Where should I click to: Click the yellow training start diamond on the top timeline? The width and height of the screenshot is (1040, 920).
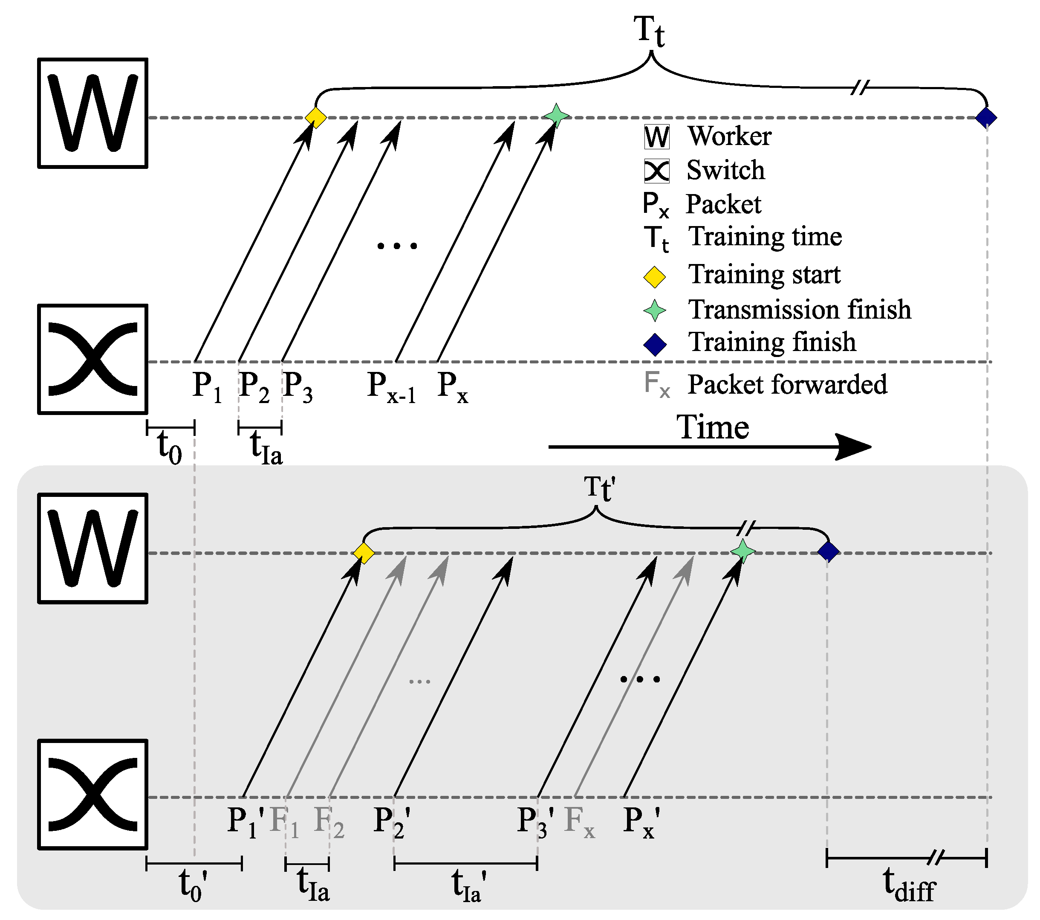point(315,118)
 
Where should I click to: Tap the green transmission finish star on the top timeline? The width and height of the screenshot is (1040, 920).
point(556,116)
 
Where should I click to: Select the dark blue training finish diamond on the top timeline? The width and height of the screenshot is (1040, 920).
point(986,118)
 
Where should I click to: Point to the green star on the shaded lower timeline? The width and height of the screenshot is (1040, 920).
point(742,551)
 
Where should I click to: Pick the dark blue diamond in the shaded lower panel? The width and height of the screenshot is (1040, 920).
point(828,551)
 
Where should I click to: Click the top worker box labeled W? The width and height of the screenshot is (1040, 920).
point(92,113)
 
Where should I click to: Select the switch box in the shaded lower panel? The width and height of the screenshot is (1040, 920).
point(92,794)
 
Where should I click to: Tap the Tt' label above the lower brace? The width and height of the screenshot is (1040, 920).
point(599,489)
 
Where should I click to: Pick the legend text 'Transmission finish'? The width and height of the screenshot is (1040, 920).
point(799,310)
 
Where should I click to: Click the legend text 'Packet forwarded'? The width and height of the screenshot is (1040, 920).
point(787,384)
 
